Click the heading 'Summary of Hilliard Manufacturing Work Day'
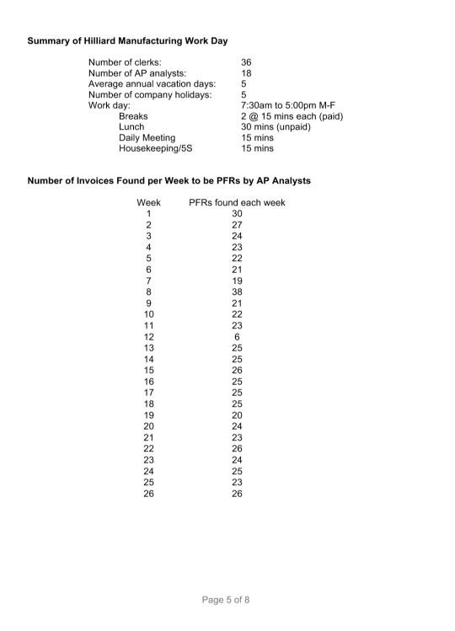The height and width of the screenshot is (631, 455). [127, 40]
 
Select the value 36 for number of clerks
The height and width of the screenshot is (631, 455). [246, 62]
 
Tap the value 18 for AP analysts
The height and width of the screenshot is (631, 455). [246, 73]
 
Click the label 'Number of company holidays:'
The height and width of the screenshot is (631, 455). [150, 95]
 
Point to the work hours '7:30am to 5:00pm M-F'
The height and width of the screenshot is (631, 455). [289, 105]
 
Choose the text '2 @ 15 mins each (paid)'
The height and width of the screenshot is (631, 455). [292, 116]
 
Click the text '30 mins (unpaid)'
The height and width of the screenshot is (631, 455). [276, 127]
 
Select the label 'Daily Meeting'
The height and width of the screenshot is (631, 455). [147, 138]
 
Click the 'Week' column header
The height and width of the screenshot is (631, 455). [148, 203]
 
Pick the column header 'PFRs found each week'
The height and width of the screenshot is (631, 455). [237, 203]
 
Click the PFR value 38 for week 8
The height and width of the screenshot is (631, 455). [237, 291]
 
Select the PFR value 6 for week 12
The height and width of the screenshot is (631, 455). [237, 336]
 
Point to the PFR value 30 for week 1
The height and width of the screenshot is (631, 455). [237, 214]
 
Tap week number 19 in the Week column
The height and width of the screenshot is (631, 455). [148, 414]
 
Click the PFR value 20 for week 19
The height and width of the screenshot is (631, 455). [237, 414]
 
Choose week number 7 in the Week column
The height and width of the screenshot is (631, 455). [148, 281]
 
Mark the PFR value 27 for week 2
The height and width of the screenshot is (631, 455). [237, 225]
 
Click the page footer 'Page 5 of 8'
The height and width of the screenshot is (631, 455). [226, 600]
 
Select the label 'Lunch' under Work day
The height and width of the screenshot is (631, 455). [131, 127]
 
